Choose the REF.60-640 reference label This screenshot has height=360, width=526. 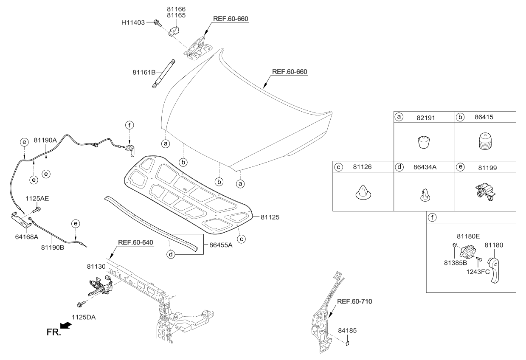135,243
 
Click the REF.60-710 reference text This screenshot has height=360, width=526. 354,301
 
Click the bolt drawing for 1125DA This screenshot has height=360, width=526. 79,304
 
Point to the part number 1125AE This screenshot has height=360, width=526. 38,198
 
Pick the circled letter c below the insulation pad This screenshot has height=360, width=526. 241,239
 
